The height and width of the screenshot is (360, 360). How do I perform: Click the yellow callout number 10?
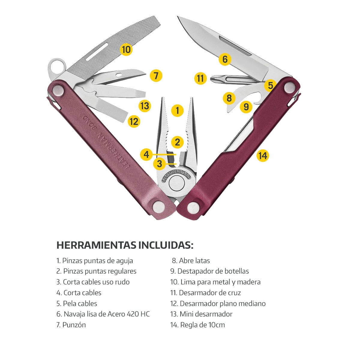(126, 49)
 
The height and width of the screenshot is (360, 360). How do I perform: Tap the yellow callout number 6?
(225, 59)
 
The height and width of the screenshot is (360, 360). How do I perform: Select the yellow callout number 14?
(263, 156)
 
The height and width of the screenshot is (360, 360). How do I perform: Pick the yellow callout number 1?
(178, 111)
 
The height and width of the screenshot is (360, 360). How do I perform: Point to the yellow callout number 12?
(134, 121)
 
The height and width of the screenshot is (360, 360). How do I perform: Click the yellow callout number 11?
(200, 78)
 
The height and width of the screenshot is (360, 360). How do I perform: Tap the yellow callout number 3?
(159, 164)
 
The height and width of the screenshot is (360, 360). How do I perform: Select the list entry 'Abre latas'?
(194, 261)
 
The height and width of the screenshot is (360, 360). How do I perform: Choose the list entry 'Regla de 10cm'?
(202, 325)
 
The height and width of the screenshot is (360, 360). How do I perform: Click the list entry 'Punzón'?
(74, 325)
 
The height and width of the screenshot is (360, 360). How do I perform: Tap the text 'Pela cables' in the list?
(80, 304)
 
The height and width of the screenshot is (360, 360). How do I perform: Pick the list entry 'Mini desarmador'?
(206, 314)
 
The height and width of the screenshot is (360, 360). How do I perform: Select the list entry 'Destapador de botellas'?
(213, 271)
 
